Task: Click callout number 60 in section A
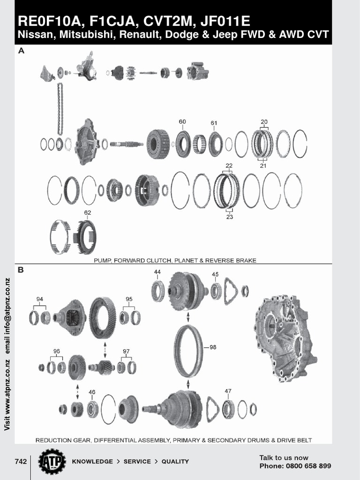(182, 122)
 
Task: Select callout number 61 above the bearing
(214, 123)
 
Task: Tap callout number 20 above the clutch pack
(264, 121)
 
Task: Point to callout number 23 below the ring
(229, 217)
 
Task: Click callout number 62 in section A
(88, 212)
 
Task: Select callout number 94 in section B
(39, 299)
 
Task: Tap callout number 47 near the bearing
(228, 390)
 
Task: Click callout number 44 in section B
(157, 272)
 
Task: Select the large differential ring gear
(103, 318)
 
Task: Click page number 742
(21, 461)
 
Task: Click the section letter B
(21, 270)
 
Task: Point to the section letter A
(21, 52)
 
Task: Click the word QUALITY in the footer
(175, 462)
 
